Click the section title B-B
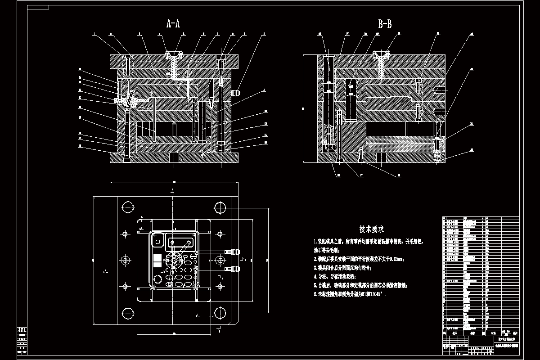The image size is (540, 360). [384, 24]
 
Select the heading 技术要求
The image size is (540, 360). [371, 229]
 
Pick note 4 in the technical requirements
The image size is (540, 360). [336, 277]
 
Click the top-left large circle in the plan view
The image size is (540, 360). [128, 207]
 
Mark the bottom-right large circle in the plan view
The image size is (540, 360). [220, 313]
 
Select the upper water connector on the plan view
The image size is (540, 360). [234, 252]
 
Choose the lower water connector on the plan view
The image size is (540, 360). [234, 269]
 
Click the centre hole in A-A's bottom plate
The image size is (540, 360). [174, 157]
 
